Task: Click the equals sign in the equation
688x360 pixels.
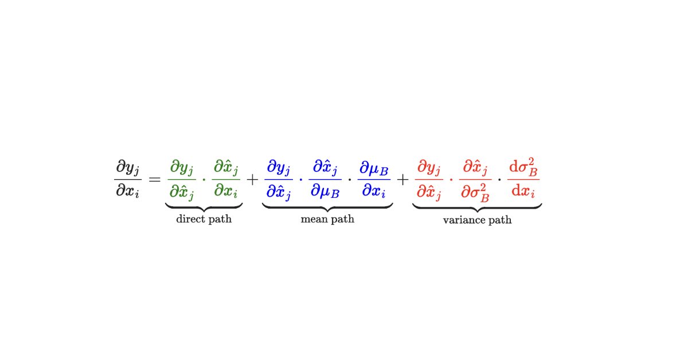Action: [154, 179]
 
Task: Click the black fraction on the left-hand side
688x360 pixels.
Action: [127, 179]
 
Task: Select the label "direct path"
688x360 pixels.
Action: [204, 219]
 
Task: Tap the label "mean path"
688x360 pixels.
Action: [327, 219]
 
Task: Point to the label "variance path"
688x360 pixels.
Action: [477, 220]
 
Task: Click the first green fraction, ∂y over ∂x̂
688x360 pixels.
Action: [182, 179]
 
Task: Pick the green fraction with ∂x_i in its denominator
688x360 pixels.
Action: [226, 179]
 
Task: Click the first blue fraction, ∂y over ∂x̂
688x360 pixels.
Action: [279, 179]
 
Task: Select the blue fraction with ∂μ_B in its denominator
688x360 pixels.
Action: [325, 179]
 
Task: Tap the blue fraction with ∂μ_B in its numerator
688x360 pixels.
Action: [374, 179]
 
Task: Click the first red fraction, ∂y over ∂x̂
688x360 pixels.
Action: [430, 179]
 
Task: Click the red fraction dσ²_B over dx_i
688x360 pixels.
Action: [523, 179]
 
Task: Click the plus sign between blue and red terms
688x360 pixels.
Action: [403, 179]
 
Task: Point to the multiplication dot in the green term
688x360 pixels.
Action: [204, 179]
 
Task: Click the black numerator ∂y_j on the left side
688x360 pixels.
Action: [127, 168]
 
